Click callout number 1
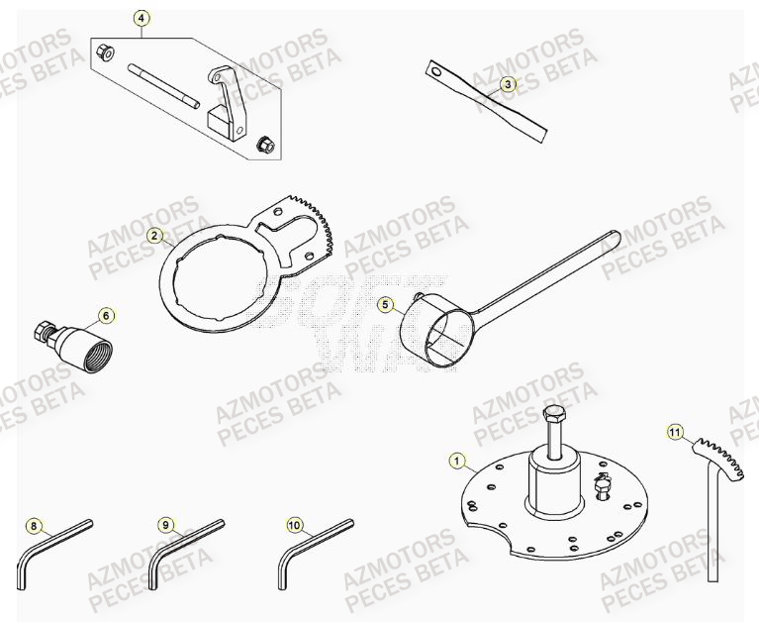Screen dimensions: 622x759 [x=456, y=460]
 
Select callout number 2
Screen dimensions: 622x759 [x=155, y=236]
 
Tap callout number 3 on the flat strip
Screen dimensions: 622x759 [x=507, y=84]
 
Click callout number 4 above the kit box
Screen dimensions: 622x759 [x=142, y=18]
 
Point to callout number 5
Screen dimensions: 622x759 [x=385, y=305]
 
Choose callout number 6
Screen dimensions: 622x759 [x=106, y=316]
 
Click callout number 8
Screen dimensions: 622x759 [x=34, y=525]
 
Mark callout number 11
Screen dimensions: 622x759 [x=675, y=432]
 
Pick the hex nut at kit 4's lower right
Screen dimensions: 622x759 [x=264, y=145]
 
